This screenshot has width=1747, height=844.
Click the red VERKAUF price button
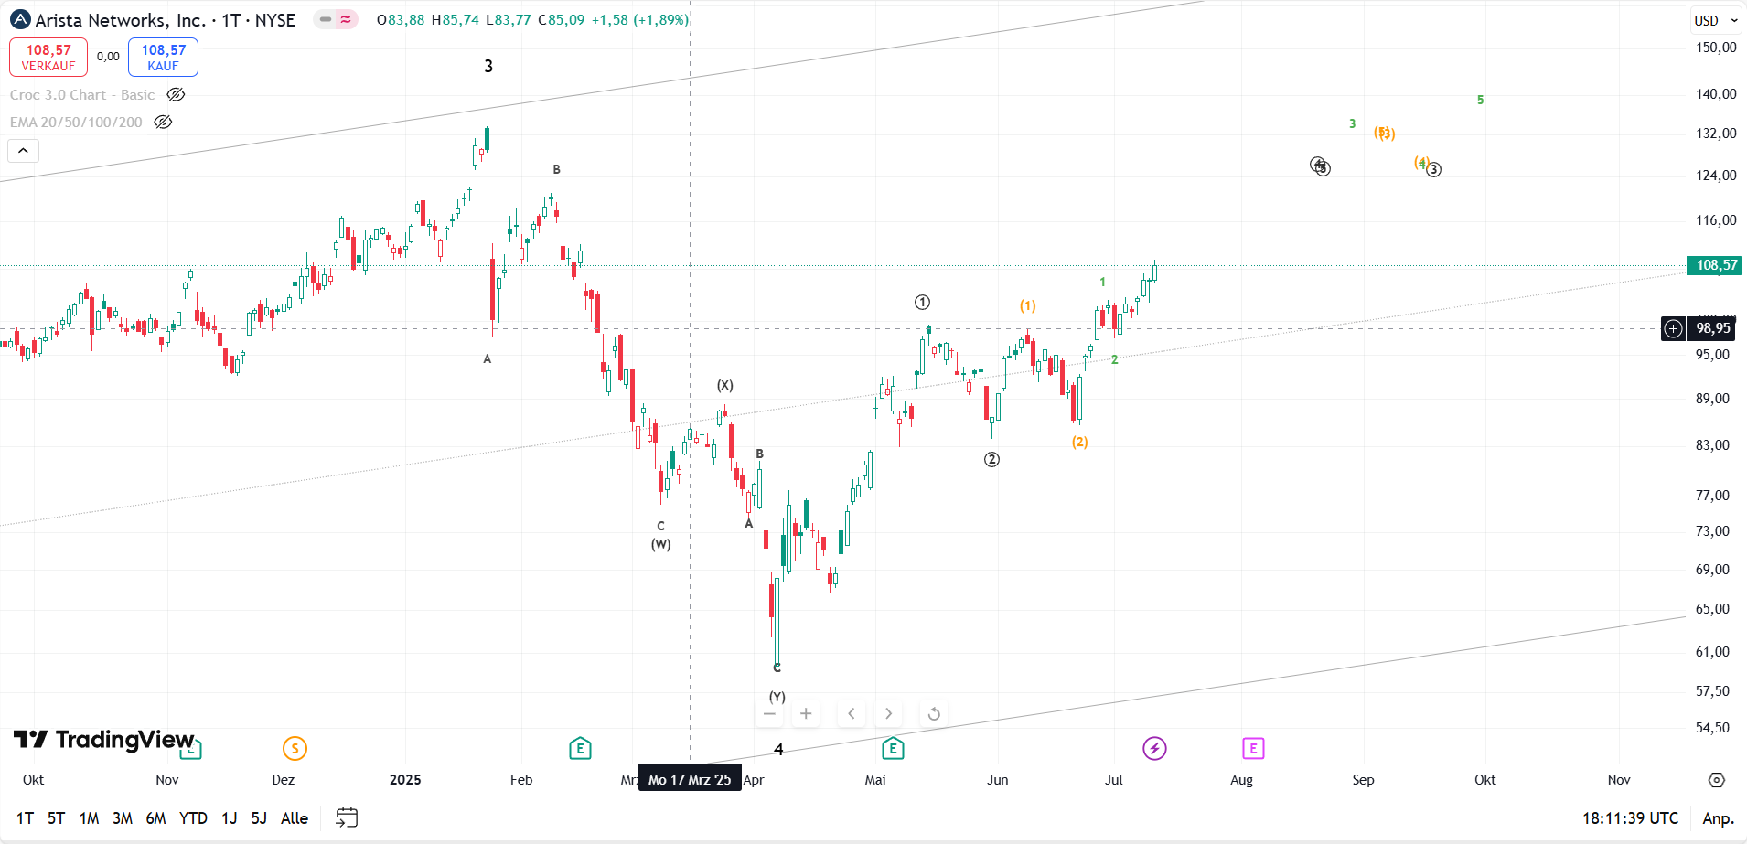pyautogui.click(x=48, y=57)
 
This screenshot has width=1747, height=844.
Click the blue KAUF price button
pyautogui.click(x=163, y=57)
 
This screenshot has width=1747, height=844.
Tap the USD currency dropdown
pyautogui.click(x=1714, y=20)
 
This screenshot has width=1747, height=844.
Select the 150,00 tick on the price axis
pyautogui.click(x=1715, y=48)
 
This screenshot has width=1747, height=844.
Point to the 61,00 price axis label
pyautogui.click(x=1712, y=652)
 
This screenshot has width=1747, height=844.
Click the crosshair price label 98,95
pyautogui.click(x=1712, y=328)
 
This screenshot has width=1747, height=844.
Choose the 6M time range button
pyautogui.click(x=155, y=818)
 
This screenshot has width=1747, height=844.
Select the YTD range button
pyautogui.click(x=193, y=818)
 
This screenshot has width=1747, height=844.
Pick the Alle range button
pyautogui.click(x=294, y=818)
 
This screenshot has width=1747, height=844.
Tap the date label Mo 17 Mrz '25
pyautogui.click(x=690, y=780)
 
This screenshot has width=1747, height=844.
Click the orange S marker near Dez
pyautogui.click(x=295, y=749)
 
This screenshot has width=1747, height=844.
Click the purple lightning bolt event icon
pyautogui.click(x=1154, y=749)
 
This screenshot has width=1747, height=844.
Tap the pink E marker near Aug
pyautogui.click(x=1253, y=749)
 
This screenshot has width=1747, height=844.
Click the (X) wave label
pyautogui.click(x=724, y=386)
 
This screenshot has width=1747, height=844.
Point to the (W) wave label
pyautogui.click(x=660, y=544)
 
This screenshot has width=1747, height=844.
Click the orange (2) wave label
pyautogui.click(x=1080, y=443)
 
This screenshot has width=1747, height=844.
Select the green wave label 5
pyautogui.click(x=1480, y=100)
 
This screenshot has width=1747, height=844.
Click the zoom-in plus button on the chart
pyautogui.click(x=806, y=713)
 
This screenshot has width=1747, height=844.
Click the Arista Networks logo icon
pyautogui.click(x=20, y=19)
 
